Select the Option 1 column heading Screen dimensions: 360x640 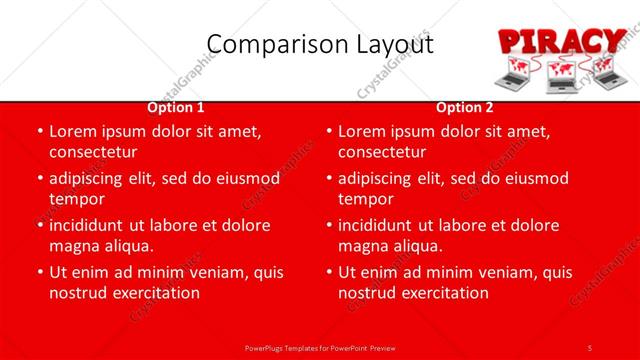(176, 107)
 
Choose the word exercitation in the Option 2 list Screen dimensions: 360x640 (442, 293)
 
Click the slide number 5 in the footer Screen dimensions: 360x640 (590, 347)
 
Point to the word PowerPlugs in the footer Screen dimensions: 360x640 (267, 347)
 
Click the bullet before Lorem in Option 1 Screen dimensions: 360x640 (39, 131)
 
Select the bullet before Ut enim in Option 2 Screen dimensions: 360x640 (328, 272)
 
